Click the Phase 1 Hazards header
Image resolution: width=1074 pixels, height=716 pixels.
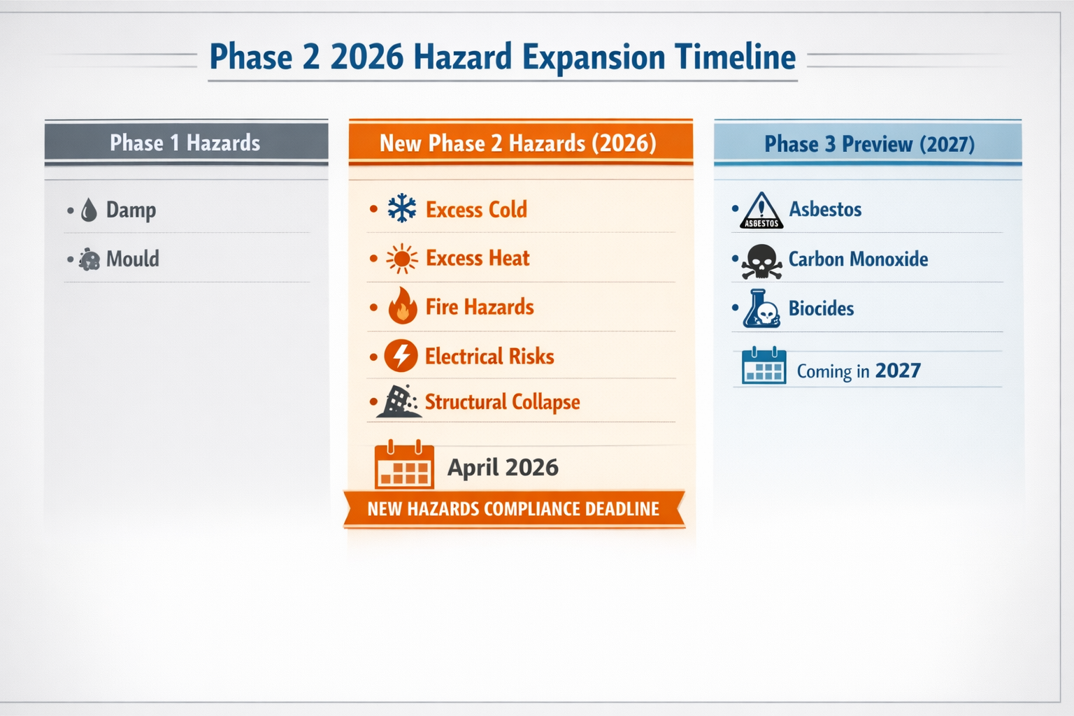[x=185, y=143]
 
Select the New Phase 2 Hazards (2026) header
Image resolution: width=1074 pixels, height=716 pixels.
[x=518, y=143]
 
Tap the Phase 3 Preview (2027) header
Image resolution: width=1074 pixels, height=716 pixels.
[x=869, y=144]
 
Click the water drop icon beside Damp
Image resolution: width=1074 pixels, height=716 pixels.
[x=89, y=210]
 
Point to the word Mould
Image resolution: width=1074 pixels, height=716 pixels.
[x=133, y=259]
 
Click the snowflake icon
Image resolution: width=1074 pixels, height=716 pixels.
[x=402, y=208]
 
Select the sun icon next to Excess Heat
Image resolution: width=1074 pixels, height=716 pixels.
[x=402, y=259]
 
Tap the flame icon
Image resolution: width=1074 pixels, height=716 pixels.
[x=402, y=306]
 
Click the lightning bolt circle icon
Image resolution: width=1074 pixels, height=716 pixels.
[x=401, y=356]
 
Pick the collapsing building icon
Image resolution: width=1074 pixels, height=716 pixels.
[x=398, y=401]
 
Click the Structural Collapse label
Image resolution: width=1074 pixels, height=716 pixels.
[x=502, y=402]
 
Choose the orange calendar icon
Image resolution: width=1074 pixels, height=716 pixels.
[x=404, y=465]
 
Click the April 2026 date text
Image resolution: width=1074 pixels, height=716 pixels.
[x=503, y=467]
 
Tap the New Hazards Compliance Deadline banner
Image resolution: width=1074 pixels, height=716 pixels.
[x=513, y=509]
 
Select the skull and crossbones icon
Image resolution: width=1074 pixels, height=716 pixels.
[x=761, y=262]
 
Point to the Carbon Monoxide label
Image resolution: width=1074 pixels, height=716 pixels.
[x=858, y=259]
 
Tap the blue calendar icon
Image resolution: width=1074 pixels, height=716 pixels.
[x=764, y=366]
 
